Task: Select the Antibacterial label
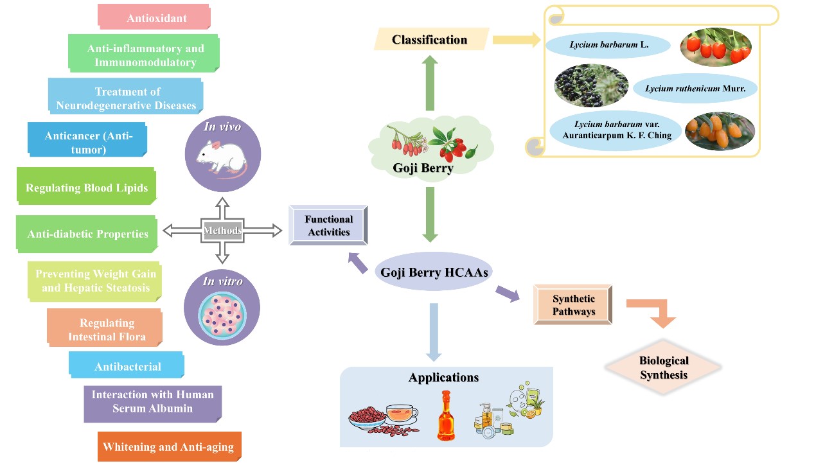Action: click(127, 366)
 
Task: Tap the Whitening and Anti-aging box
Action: click(169, 446)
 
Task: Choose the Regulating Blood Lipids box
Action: click(87, 188)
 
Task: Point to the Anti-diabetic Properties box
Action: click(87, 234)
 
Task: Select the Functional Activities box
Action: click(328, 225)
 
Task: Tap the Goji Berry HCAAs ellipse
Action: click(434, 272)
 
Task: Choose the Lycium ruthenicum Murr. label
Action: click(695, 89)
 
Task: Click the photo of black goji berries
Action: click(590, 84)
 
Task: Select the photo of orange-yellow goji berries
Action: click(720, 132)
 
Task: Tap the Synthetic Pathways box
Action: click(573, 305)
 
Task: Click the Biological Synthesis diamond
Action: click(664, 367)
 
